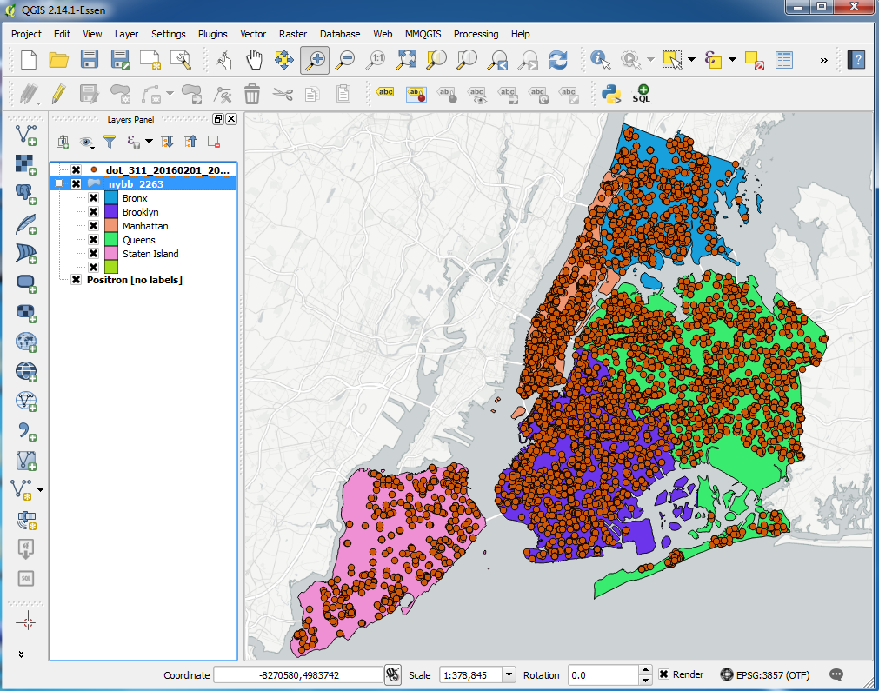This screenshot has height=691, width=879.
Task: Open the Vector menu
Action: pos(253,34)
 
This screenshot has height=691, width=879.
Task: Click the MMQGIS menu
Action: pos(423,34)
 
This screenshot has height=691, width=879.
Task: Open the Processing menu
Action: pos(476,34)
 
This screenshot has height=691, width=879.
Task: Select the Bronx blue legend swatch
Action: pos(111,198)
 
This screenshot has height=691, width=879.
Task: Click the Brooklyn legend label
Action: pos(140,212)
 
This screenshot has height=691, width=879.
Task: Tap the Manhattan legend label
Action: pos(145,226)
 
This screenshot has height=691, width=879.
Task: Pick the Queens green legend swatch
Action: pos(111,240)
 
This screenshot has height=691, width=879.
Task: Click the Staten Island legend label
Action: pos(150,254)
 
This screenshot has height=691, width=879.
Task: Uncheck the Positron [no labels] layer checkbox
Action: pos(76,279)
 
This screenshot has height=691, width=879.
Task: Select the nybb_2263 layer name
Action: pos(136,184)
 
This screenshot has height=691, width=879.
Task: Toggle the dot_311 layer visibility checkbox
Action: pos(76,170)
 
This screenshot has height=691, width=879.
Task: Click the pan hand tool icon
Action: pos(254,60)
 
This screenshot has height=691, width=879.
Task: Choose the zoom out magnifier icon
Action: pos(346,60)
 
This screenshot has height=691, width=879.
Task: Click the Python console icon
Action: pos(611,93)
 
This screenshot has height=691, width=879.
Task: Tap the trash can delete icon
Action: pos(252,93)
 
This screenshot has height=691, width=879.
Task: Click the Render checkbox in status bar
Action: pos(663,674)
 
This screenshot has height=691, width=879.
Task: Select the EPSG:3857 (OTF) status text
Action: pos(772,675)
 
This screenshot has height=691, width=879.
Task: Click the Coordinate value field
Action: pos(299,675)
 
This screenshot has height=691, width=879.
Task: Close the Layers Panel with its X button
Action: pos(232,119)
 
